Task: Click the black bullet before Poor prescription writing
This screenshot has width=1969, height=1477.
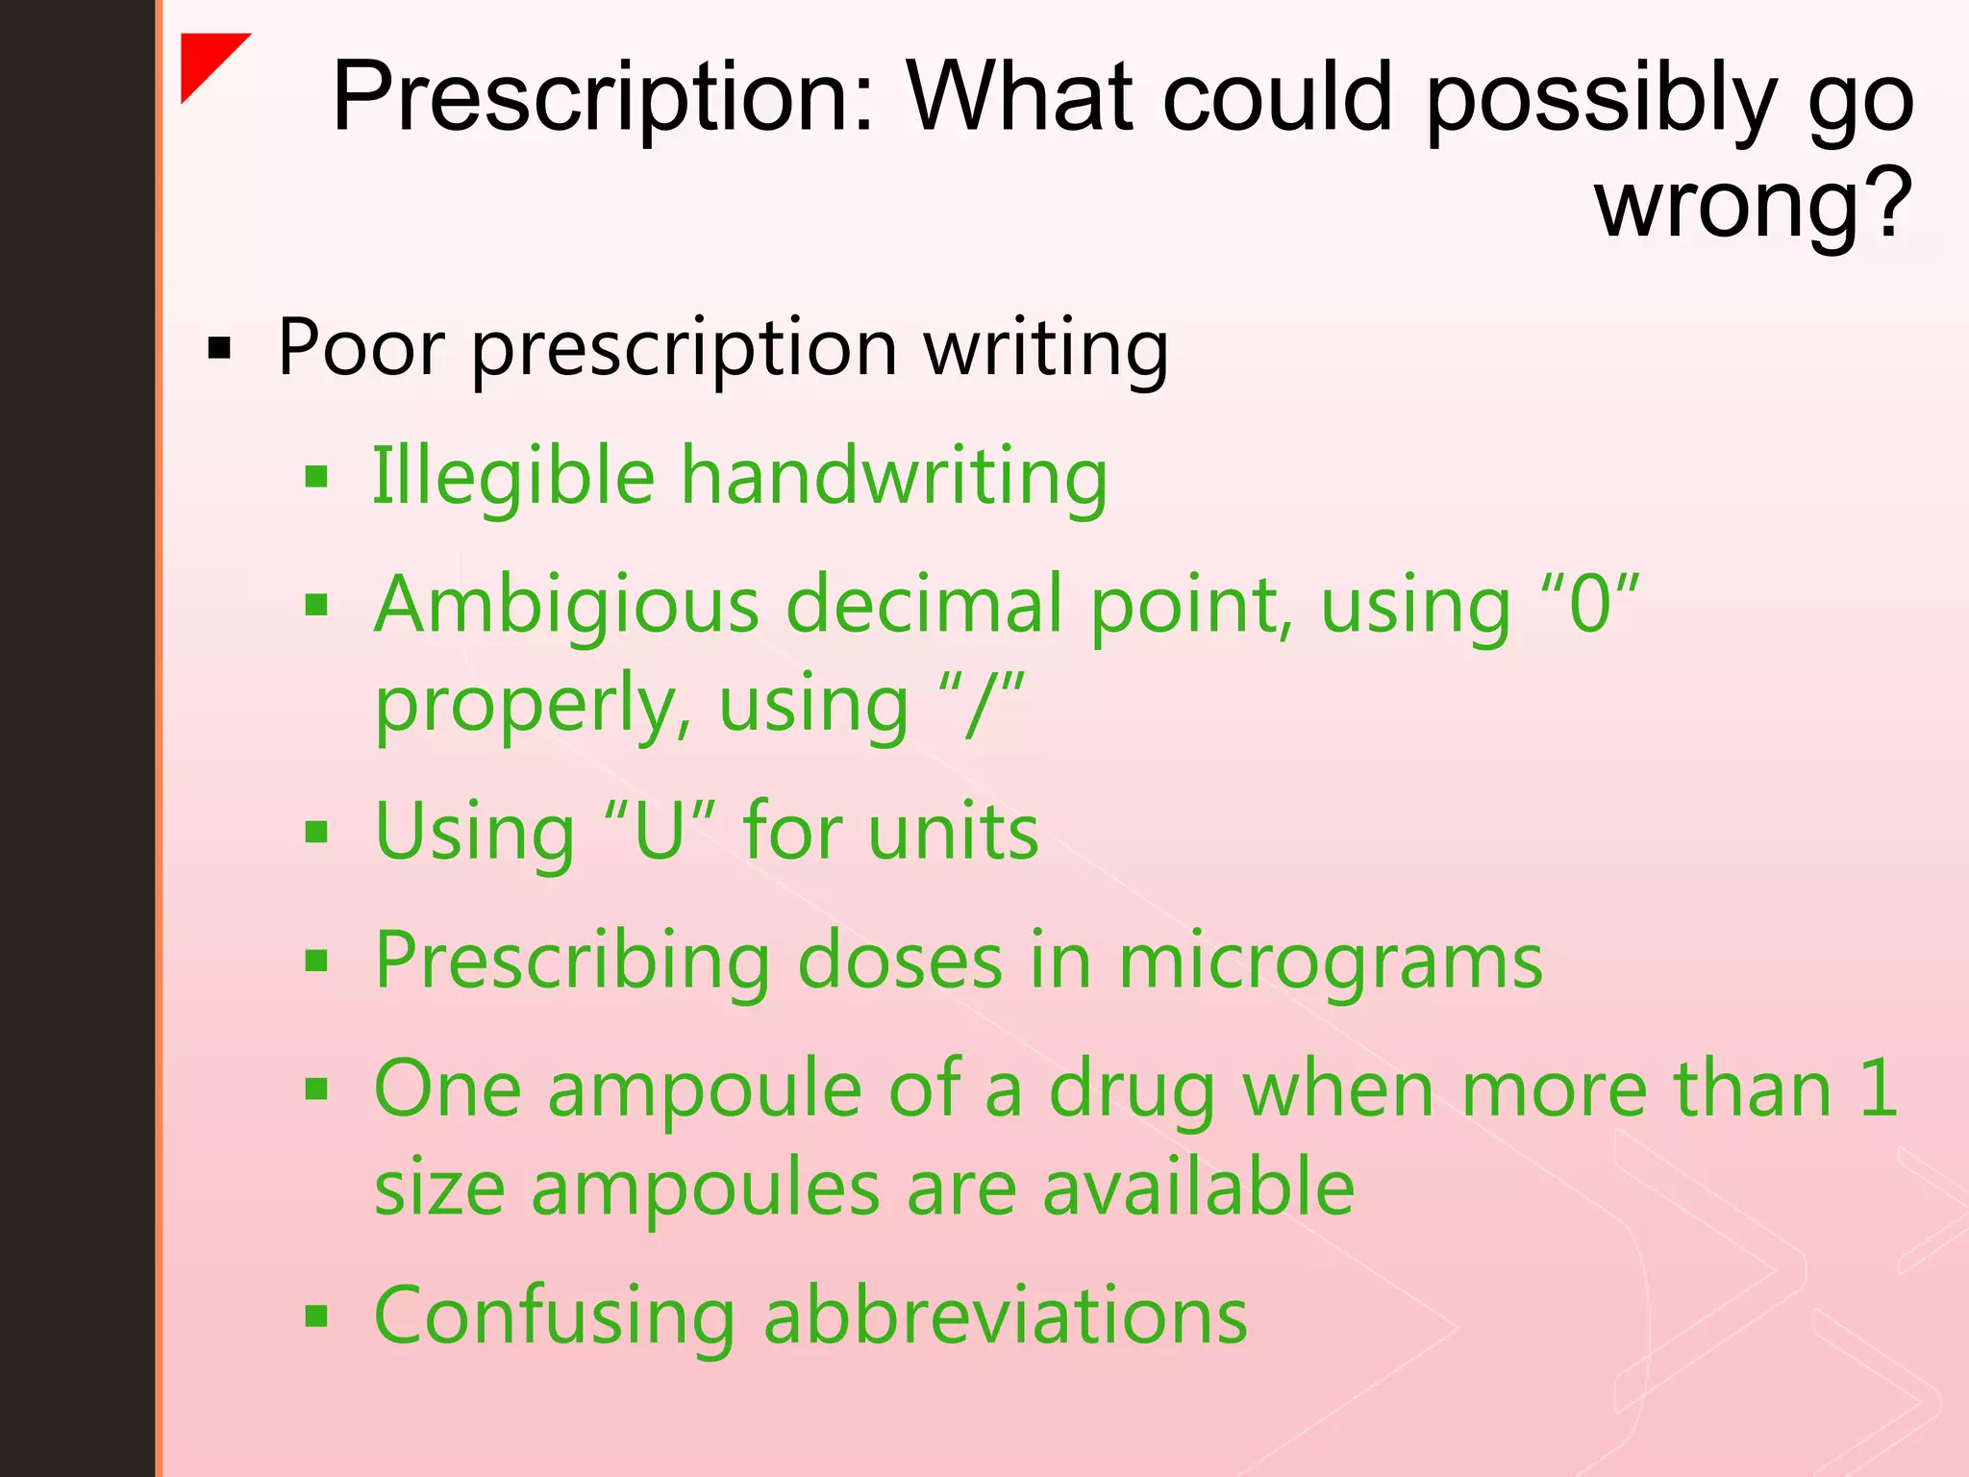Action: pos(220,349)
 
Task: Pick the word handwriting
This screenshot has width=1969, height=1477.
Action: pos(894,476)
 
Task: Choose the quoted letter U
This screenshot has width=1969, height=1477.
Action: pos(660,831)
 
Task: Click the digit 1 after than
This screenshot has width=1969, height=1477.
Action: pos(1878,1089)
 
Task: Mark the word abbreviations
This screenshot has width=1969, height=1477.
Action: pos(1005,1315)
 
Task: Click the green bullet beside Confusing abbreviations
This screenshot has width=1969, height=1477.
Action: pos(316,1315)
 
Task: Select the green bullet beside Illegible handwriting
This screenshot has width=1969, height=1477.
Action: pos(316,476)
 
